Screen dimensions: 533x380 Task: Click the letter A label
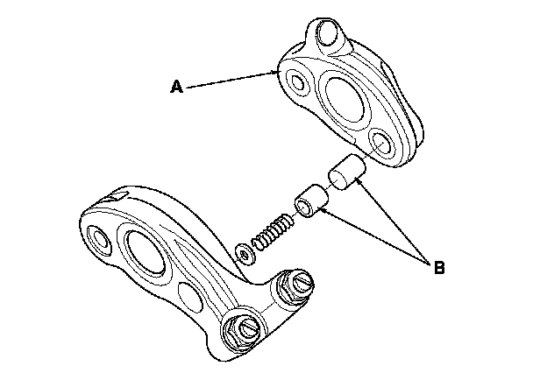pos(176,87)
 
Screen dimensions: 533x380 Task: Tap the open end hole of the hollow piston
pos(302,207)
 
